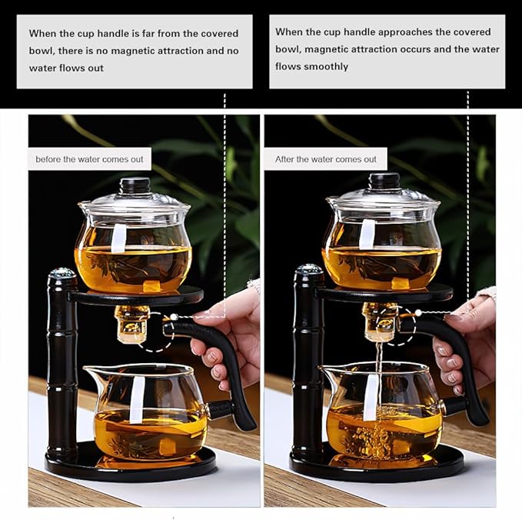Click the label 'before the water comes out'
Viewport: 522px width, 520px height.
click(x=90, y=159)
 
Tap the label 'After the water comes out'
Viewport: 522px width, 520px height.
click(x=326, y=159)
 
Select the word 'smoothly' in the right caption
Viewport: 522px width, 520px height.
click(x=327, y=67)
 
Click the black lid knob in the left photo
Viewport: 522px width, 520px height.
click(x=135, y=185)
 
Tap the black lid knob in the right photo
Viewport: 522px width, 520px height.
click(x=382, y=182)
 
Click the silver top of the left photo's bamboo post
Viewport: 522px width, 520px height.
click(x=62, y=273)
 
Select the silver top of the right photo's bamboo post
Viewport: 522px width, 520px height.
click(x=310, y=269)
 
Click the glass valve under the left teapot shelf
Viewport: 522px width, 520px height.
click(x=131, y=323)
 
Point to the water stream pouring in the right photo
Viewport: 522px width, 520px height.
click(x=377, y=362)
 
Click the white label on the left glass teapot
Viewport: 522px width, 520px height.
click(x=118, y=238)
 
